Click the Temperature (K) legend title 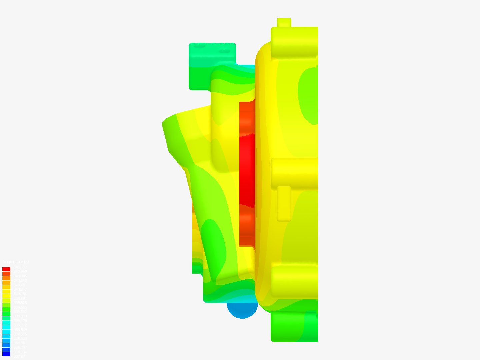(15, 262)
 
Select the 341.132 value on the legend (20, 267)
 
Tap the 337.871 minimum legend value (20, 356)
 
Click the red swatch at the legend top (6, 269)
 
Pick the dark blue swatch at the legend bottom (6, 354)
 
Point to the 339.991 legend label (20, 298)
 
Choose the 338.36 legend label (20, 343)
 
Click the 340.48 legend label (20, 285)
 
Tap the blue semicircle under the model (242, 310)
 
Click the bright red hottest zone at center (247, 170)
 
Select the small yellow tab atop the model (284, 22)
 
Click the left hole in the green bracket (200, 47)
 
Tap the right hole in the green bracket (225, 52)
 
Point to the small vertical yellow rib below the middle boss (284, 203)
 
